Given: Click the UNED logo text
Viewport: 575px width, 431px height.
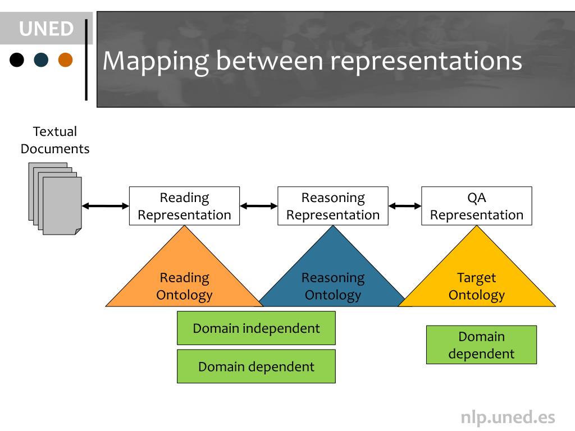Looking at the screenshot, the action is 46,29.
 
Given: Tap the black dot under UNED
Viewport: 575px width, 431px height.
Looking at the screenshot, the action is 17,59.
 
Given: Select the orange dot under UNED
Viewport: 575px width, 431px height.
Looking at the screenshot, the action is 65,59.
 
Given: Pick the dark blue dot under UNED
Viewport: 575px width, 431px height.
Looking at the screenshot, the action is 41,59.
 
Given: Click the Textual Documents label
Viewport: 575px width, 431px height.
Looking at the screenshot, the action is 55,140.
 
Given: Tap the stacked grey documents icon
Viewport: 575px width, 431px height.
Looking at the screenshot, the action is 55,199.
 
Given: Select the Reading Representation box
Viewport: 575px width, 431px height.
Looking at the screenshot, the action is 184,206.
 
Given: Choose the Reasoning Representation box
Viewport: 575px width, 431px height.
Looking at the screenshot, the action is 333,206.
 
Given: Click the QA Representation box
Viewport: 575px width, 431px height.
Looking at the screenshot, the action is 477,206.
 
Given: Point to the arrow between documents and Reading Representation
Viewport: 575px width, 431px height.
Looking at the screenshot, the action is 106,206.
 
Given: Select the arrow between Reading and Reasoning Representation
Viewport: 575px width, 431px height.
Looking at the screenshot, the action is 259,206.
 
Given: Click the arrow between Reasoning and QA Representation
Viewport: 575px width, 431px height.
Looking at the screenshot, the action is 405,206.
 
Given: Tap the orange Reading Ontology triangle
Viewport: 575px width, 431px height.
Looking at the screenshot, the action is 184,278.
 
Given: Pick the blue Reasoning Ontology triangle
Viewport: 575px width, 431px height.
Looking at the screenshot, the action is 333,278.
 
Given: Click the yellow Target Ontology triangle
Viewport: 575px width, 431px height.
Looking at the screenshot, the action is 477,278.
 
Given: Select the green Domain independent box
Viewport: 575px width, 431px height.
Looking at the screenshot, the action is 256,328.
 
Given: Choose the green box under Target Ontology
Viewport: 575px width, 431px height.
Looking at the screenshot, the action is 481,345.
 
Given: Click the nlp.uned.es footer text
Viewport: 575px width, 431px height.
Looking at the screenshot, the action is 508,418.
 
